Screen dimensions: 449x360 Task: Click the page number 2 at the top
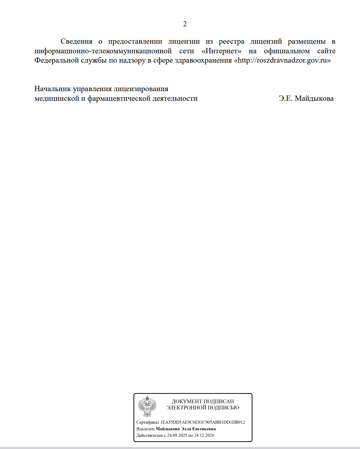tap(185, 24)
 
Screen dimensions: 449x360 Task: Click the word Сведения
tap(76, 42)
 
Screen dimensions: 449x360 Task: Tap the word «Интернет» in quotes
tap(221, 51)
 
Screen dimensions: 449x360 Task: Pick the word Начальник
tap(52, 89)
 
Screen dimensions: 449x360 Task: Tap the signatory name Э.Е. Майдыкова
tap(306, 98)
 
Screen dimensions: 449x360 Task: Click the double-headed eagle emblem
tap(147, 406)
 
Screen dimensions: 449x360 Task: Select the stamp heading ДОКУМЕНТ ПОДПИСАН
tap(203, 401)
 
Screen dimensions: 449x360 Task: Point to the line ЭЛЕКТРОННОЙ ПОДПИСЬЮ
tap(203, 408)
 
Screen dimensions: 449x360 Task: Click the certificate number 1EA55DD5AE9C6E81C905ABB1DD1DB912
tap(203, 422)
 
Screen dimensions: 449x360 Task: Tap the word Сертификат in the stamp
tap(148, 422)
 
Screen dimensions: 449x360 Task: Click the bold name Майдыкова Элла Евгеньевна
tap(186, 429)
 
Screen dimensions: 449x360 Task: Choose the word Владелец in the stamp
tap(145, 429)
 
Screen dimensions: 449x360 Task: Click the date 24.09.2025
tap(177, 435)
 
